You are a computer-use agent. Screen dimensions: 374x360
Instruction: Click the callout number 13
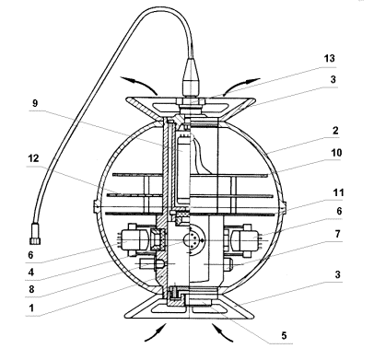coord(329,58)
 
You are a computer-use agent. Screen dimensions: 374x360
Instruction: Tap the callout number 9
coord(35,103)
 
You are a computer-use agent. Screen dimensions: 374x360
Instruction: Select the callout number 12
coord(33,158)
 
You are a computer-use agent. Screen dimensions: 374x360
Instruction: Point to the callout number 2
coord(335,131)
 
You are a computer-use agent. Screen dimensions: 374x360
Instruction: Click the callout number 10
coord(336,153)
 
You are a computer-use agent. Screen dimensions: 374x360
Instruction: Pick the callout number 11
coord(338,192)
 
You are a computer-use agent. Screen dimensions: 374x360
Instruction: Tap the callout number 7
coord(337,234)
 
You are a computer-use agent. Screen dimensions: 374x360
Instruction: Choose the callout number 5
coord(284,335)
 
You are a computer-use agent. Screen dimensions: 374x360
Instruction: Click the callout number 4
coord(31,272)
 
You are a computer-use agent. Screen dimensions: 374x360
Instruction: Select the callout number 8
coord(31,289)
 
